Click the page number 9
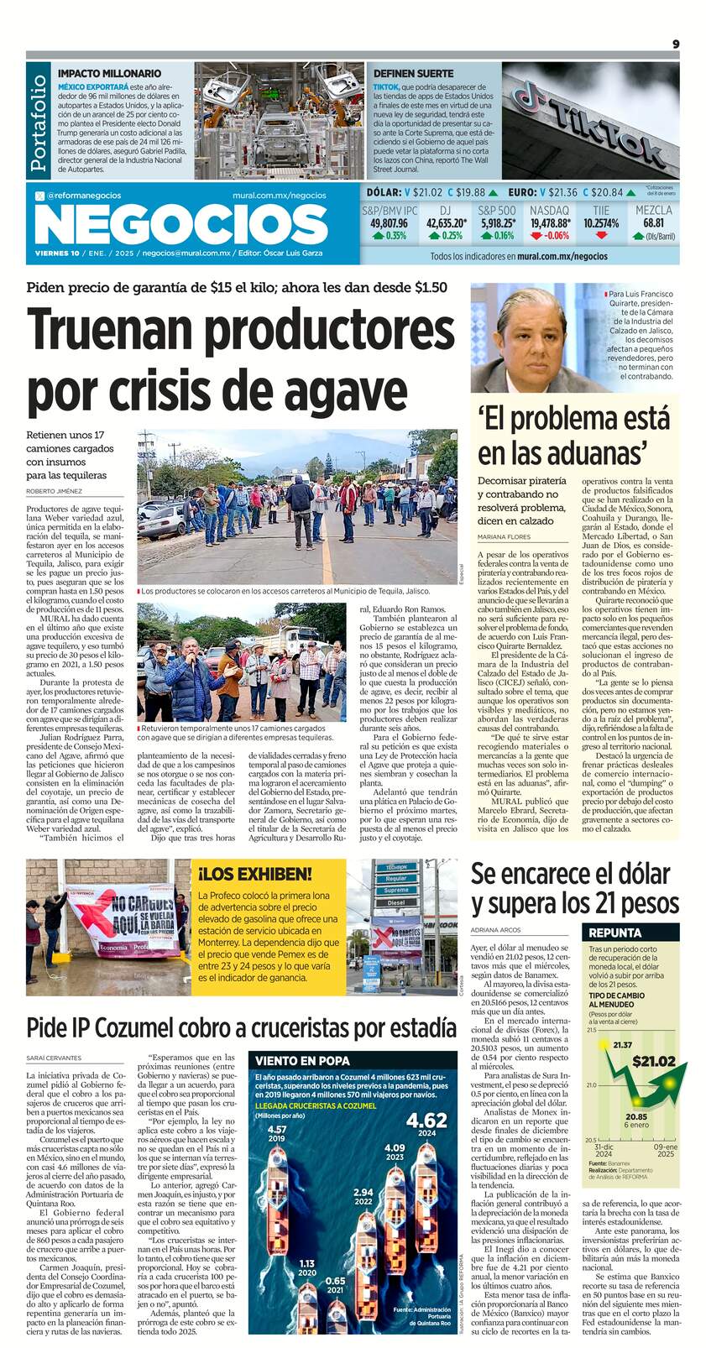point(675,44)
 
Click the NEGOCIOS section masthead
point(181,225)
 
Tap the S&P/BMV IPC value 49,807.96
point(389,223)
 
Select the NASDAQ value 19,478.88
point(551,223)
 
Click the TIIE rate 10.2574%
point(601,223)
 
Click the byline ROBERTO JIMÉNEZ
point(54,490)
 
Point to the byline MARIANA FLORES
point(503,536)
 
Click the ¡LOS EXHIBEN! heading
point(254,874)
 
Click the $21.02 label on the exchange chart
point(653,1061)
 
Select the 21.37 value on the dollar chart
point(622,1045)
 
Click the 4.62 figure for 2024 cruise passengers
point(426,1121)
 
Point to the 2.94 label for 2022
point(363,1192)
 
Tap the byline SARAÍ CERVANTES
point(54,1058)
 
